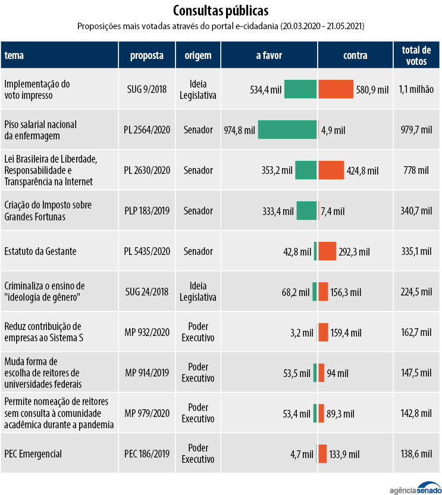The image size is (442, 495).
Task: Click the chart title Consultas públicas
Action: [x=221, y=11]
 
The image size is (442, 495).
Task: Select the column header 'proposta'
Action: [x=147, y=55]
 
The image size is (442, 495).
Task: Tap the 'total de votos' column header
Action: [x=416, y=55]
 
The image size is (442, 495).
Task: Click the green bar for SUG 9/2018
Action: [x=300, y=89]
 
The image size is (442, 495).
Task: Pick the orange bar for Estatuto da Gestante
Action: [x=327, y=251]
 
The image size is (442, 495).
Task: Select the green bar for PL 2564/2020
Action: [x=287, y=130]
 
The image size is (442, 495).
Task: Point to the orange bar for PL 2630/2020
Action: [x=331, y=170]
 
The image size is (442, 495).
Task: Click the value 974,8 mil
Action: [x=239, y=130]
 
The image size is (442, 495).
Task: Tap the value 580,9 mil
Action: [x=372, y=89]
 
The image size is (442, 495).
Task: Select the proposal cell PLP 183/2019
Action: [x=147, y=211]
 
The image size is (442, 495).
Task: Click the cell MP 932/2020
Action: [x=147, y=332]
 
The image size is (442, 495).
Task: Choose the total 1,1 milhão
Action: [x=416, y=89]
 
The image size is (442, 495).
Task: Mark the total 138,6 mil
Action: [x=416, y=454]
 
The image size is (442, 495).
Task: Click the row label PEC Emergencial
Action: [x=33, y=454]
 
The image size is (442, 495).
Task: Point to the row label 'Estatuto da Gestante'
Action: [x=40, y=251]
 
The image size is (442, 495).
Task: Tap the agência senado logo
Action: [x=410, y=487]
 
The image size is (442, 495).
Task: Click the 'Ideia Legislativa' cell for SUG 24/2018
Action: [x=198, y=291]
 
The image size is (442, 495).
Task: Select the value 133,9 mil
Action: [x=346, y=454]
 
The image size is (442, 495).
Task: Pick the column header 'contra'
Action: [x=355, y=55]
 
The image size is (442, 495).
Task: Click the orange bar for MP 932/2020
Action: [x=324, y=332]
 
